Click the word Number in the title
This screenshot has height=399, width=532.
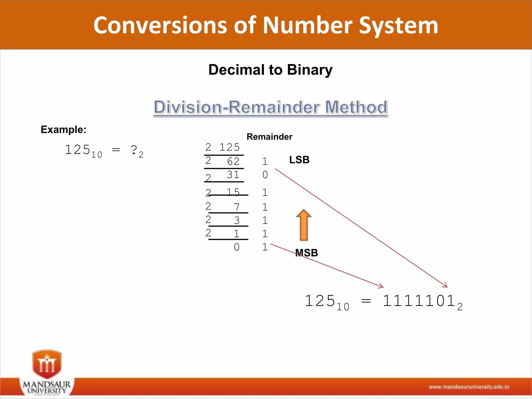[x=308, y=25]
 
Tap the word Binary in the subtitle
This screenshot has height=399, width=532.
[x=310, y=70]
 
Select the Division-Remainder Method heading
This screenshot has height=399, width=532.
[x=270, y=107]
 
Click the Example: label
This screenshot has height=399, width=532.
[x=63, y=129]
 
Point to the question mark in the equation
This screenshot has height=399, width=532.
[x=134, y=150]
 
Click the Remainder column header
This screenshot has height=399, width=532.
[x=269, y=137]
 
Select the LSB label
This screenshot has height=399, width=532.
[x=299, y=160]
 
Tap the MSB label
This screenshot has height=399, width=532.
[x=307, y=253]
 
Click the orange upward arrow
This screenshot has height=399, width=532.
[x=304, y=225]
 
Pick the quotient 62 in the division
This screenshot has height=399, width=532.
[x=233, y=162]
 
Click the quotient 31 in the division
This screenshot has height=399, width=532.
[x=233, y=175]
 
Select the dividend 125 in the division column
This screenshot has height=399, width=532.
[x=229, y=147]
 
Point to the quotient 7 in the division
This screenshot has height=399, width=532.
[x=236, y=207]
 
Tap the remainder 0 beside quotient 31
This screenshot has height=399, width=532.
[x=265, y=175]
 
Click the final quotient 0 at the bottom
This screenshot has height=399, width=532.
[x=236, y=247]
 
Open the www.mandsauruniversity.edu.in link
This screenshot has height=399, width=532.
[x=469, y=387]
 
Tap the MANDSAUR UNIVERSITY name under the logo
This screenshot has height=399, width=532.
[x=47, y=387]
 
